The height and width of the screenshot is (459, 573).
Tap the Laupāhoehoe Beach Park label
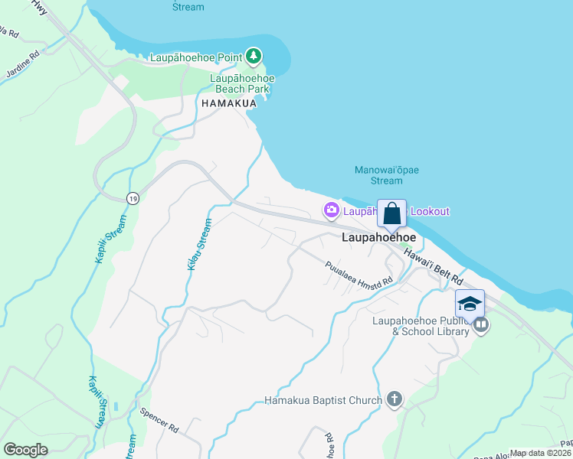(242, 83)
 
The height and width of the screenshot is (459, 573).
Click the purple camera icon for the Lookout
(332, 210)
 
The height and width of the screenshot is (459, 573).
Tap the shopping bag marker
(391, 213)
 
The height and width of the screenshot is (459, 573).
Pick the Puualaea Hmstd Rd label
(358, 272)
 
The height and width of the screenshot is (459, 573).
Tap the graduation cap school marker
(470, 304)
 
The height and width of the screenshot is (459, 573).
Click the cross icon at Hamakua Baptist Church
(395, 399)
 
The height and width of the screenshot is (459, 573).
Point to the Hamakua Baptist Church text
(323, 400)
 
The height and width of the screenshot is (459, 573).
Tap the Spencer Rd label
(159, 420)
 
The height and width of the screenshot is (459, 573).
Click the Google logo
(25, 449)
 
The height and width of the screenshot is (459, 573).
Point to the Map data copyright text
(540, 453)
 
